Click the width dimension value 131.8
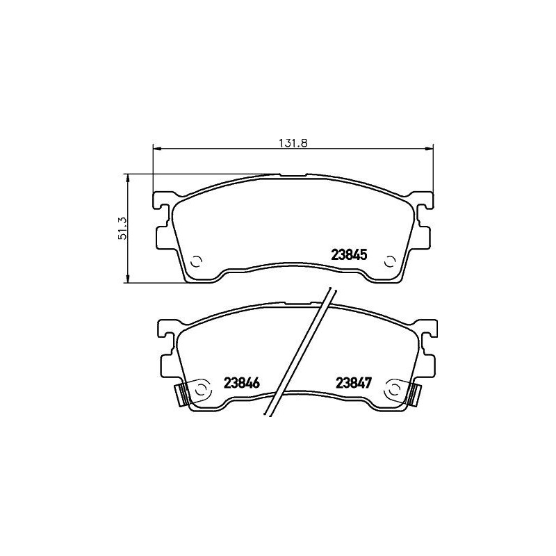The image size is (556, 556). [293, 142]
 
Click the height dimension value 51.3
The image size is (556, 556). [122, 228]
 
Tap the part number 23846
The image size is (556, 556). [242, 383]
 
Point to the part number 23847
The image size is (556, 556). [355, 383]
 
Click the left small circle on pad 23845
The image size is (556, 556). [196, 262]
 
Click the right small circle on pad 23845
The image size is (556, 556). [390, 262]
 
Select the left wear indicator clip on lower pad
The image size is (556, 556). [183, 395]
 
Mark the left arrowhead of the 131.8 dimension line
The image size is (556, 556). [156, 147]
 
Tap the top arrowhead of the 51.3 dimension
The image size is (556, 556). [127, 178]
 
